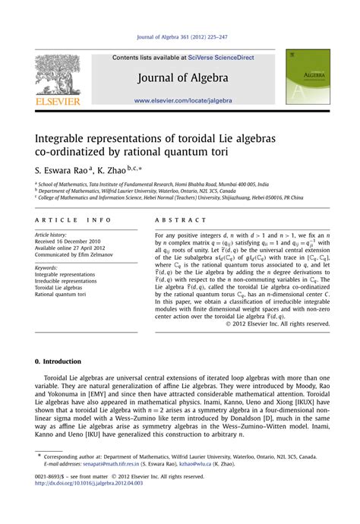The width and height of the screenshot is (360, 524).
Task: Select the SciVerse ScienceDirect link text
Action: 218,58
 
